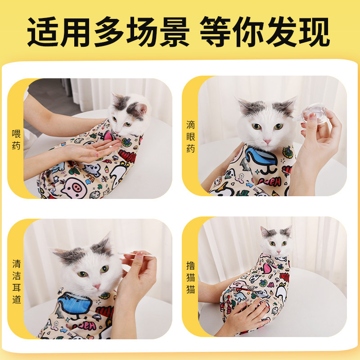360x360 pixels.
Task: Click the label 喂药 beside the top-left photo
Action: tap(16, 139)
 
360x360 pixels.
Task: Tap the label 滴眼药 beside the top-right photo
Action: tap(191, 136)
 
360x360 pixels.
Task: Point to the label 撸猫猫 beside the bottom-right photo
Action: tap(191, 277)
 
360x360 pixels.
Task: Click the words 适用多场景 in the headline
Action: tap(108, 31)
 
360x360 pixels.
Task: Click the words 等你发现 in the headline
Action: tap(265, 31)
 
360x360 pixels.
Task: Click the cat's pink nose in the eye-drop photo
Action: tap(267, 142)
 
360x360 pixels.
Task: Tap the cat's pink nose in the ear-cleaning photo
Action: tap(96, 286)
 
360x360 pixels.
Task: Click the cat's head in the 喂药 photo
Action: tap(128, 112)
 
